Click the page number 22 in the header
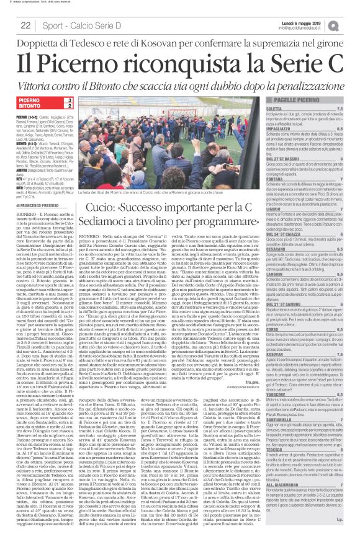pos(25,24)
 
